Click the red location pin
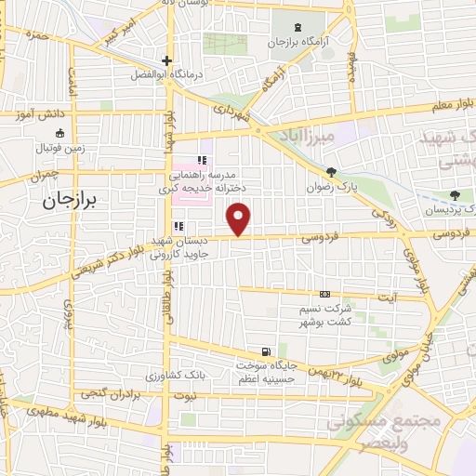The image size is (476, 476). coord(239,219)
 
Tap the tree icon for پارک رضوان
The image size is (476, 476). coord(330,172)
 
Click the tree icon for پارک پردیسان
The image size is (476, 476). coord(454,195)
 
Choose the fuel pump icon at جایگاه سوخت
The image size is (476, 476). coord(268,351)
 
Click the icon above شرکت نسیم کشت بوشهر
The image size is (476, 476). coord(324,294)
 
